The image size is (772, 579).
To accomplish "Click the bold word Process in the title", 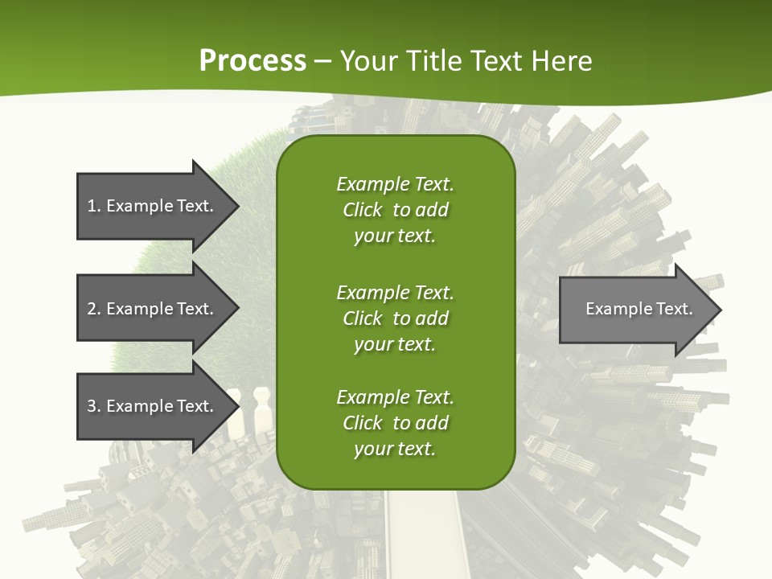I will click(x=253, y=61).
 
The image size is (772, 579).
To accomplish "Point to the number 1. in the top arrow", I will click(x=94, y=206).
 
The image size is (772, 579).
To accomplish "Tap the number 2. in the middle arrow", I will click(x=94, y=309).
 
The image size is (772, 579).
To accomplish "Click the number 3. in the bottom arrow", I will click(x=94, y=406).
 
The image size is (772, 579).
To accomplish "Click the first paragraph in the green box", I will click(x=395, y=210).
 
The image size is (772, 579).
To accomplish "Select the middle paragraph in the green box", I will click(x=395, y=318).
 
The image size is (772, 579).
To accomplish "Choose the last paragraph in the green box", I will click(x=395, y=423).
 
